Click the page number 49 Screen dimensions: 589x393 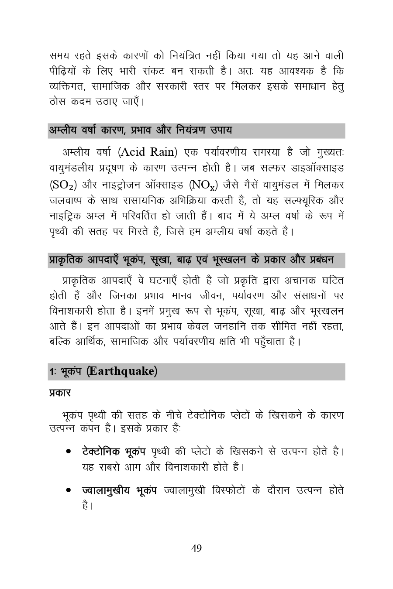pos(196,548)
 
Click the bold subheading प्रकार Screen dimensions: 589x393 pos(60,393)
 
